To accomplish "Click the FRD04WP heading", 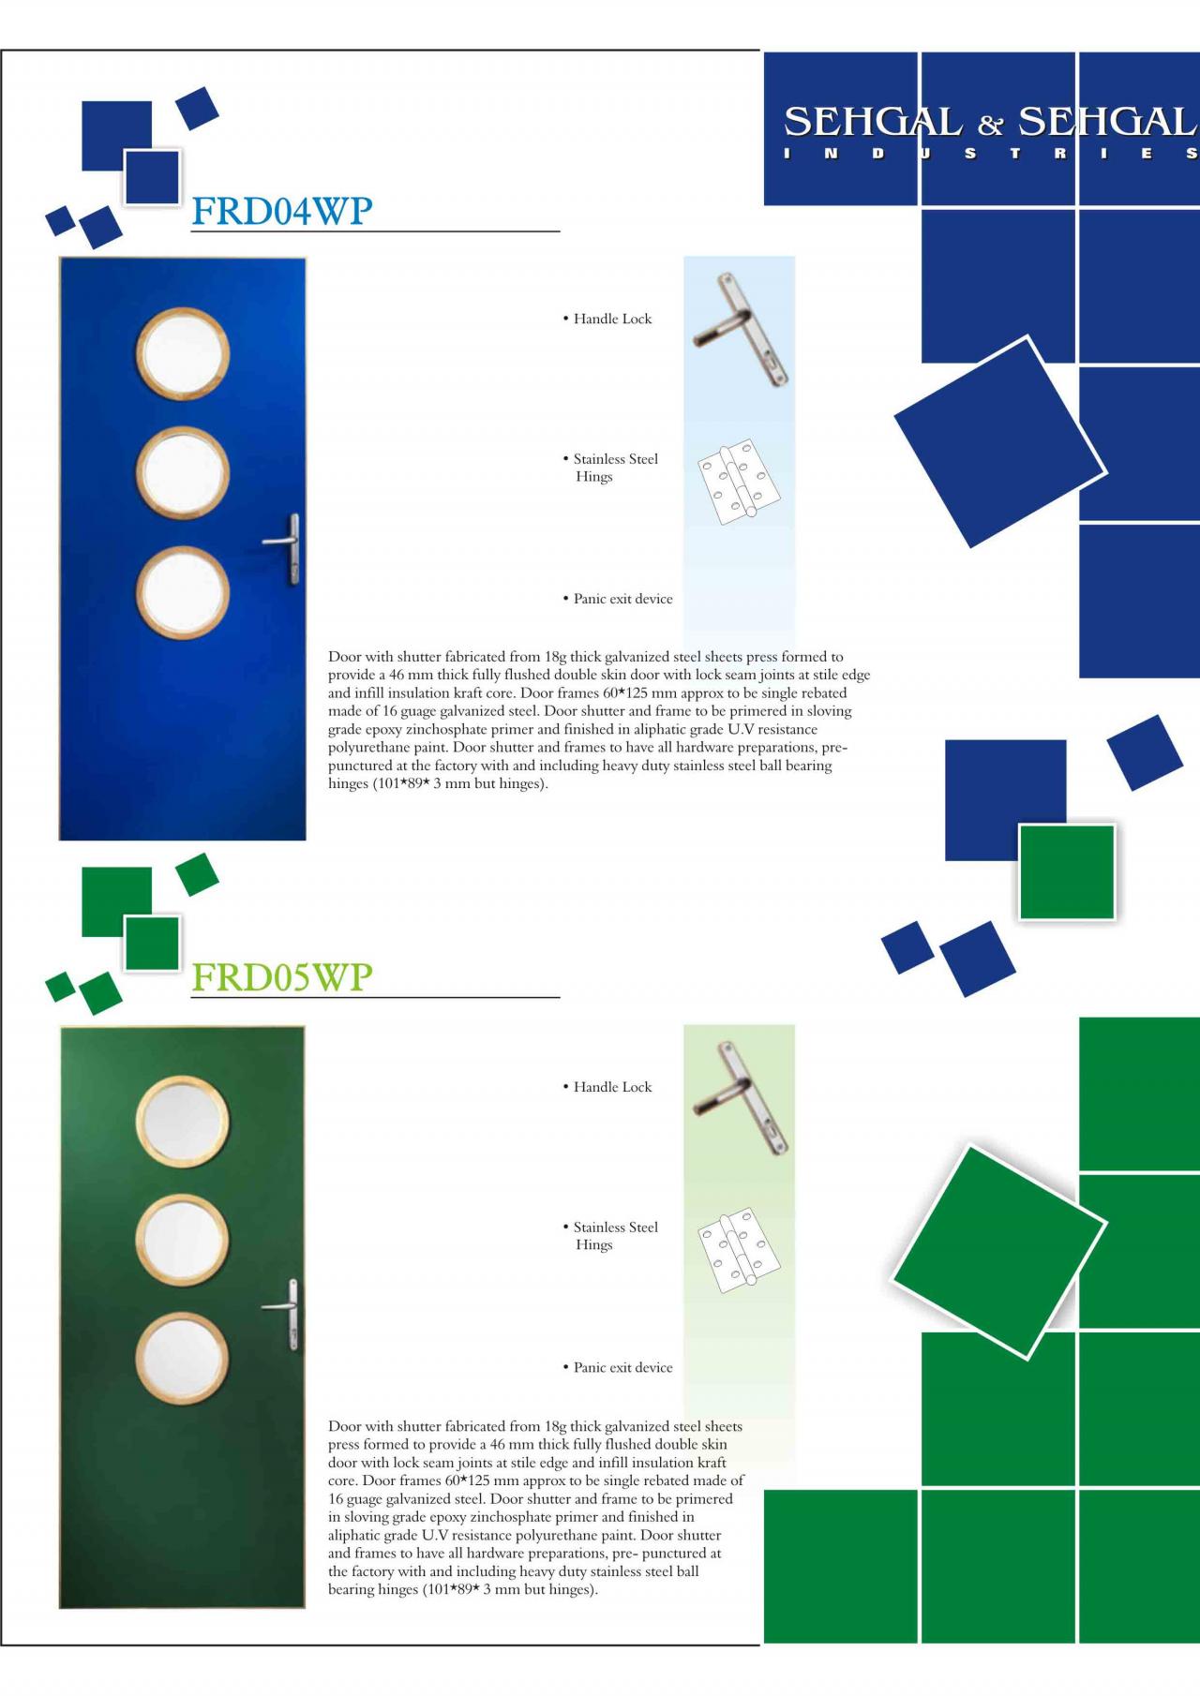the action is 281,211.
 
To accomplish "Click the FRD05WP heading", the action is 281,977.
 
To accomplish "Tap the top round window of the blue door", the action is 183,353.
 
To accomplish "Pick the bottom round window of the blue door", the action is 183,594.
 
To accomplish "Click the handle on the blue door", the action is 287,548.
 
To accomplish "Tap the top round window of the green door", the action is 183,1121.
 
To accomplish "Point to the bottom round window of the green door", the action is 183,1358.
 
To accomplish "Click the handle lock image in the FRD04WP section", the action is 741,330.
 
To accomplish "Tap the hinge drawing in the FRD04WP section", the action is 739,482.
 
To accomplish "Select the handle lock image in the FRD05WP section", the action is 741,1098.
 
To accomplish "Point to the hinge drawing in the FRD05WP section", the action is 739,1250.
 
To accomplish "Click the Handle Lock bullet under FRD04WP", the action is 607,319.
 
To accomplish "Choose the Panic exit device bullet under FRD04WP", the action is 617,599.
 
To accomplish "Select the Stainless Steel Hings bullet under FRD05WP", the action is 609,1236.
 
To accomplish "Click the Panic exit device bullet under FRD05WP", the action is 617,1367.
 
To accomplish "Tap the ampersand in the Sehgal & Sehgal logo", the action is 991,124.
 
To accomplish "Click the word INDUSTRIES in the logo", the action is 991,154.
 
